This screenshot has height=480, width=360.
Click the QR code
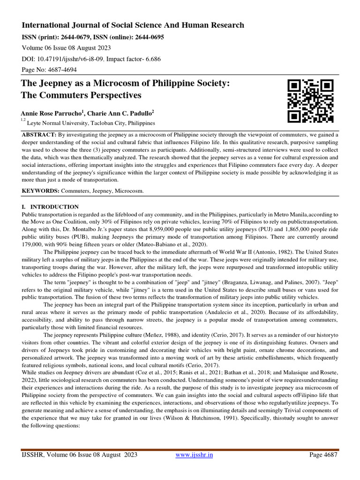tap(310, 101)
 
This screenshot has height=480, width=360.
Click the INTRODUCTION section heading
tap(54, 207)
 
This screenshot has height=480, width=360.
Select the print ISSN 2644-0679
tap(76, 37)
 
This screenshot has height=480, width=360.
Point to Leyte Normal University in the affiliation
tap(59, 123)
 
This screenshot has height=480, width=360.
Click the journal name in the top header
tap(133, 25)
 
